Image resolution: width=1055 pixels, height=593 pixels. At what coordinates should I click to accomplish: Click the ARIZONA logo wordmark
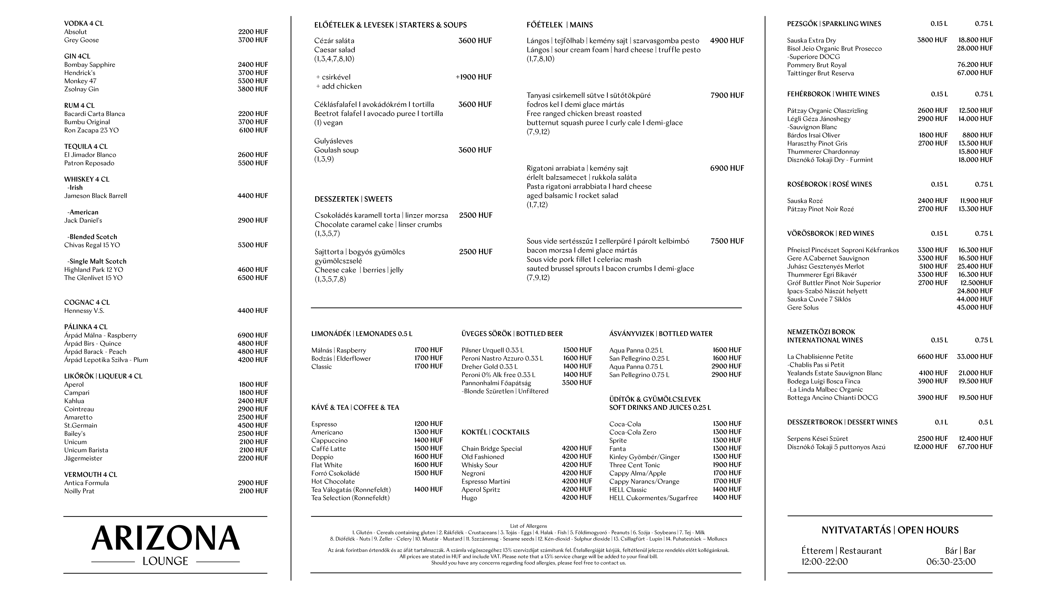pyautogui.click(x=166, y=538)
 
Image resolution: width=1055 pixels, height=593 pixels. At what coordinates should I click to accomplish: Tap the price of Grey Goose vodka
pyautogui.click(x=253, y=40)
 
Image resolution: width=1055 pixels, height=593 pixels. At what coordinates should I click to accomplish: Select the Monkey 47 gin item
pyautogui.click(x=80, y=81)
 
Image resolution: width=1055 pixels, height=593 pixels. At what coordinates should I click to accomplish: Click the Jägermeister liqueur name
pyautogui.click(x=83, y=458)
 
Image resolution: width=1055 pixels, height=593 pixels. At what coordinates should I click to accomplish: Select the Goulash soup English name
pyautogui.click(x=336, y=150)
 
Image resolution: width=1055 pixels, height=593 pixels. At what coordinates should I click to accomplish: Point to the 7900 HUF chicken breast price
pyautogui.click(x=727, y=95)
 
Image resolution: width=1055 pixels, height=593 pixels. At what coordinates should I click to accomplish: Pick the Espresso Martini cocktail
pyautogui.click(x=486, y=481)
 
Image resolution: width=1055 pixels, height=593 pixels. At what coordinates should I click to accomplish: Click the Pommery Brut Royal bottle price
pyautogui.click(x=975, y=65)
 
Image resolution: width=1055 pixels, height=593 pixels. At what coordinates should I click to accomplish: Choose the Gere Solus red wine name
pyautogui.click(x=803, y=307)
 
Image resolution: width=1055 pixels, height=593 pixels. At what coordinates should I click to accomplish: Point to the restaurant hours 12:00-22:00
pyautogui.click(x=824, y=562)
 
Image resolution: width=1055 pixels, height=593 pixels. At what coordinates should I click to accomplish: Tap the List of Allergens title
pyautogui.click(x=528, y=526)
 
